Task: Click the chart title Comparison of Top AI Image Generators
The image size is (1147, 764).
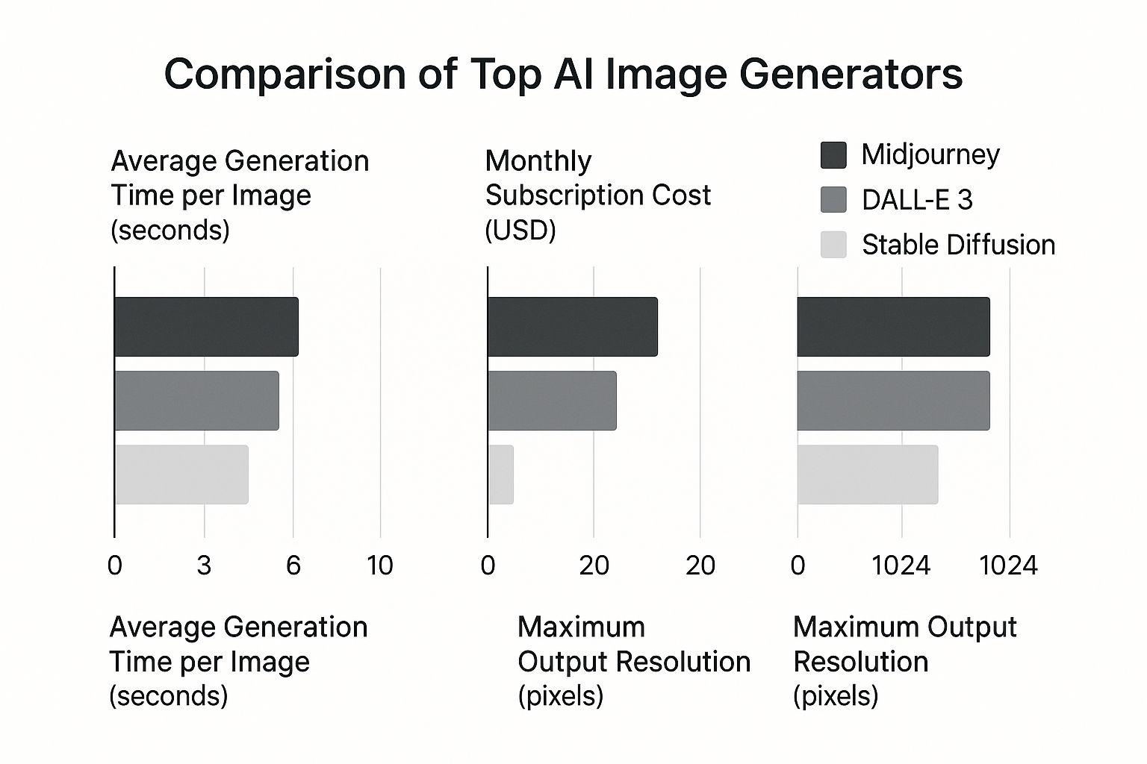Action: coord(563,74)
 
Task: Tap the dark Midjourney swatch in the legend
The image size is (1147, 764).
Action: coord(833,155)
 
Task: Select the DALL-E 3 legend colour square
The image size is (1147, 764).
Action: coord(833,200)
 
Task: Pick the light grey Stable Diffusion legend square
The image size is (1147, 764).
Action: coord(833,245)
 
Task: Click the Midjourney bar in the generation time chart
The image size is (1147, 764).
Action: coord(206,327)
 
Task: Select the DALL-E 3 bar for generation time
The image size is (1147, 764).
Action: coord(196,401)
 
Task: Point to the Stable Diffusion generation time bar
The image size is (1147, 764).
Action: coord(181,475)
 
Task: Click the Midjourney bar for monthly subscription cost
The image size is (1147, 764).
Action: coord(573,327)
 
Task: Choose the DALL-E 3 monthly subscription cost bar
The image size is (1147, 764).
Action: coord(552,401)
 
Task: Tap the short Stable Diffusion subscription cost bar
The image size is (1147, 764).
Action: coord(501,475)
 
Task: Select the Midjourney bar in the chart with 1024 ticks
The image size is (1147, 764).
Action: coord(893,327)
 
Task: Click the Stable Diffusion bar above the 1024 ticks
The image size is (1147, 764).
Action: coord(868,475)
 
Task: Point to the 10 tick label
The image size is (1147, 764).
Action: coord(380,566)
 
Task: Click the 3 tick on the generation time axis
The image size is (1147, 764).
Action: coord(204,566)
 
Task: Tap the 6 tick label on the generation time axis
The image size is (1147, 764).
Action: coord(293,566)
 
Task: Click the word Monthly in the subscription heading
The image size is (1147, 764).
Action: coord(538,161)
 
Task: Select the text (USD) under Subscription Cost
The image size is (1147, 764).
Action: coord(520,230)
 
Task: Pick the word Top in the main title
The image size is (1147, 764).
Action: coord(506,74)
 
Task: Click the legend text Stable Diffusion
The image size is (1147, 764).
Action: coord(958,245)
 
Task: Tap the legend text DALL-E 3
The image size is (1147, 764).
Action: coord(917,200)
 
